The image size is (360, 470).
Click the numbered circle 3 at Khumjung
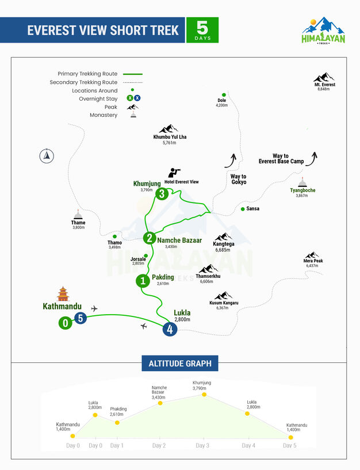coord(162,194)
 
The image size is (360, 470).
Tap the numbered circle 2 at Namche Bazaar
coord(150,238)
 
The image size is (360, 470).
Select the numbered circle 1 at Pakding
coord(142,281)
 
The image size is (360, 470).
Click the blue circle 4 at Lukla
coord(169,329)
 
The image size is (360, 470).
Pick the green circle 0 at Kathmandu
coord(66,323)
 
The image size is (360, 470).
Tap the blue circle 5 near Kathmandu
coord(80,318)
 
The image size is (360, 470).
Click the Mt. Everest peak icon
coord(324,78)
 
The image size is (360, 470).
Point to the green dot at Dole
coord(224,94)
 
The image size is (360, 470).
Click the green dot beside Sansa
coord(243,209)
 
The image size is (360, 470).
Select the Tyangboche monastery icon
coord(302,181)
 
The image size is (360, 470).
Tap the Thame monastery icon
coord(78,214)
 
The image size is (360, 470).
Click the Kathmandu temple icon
coord(62,293)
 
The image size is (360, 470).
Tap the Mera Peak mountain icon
coord(312,255)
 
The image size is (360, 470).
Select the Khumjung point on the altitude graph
coord(204,394)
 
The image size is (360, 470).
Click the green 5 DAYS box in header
coord(202,30)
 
